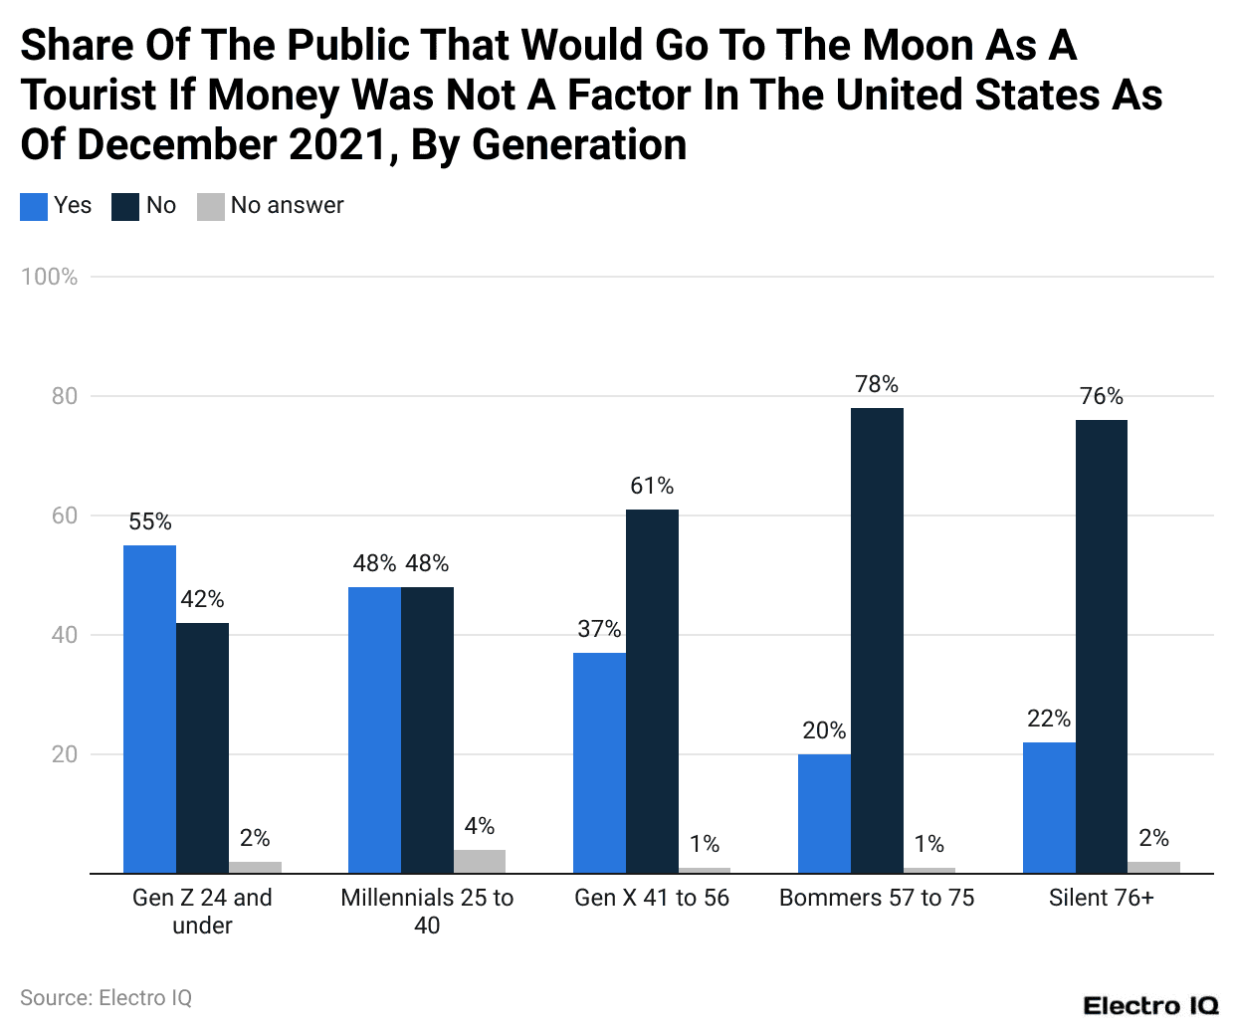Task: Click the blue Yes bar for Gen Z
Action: pyautogui.click(x=149, y=709)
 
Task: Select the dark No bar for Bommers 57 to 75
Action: pyautogui.click(x=877, y=640)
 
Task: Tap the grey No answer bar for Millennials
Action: pyautogui.click(x=480, y=861)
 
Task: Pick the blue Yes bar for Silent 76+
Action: pyautogui.click(x=1049, y=807)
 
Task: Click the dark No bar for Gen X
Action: pyautogui.click(x=652, y=691)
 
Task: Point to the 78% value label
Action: pyautogui.click(x=877, y=384)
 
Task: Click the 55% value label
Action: pyautogui.click(x=150, y=521)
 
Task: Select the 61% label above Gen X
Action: pyautogui.click(x=652, y=486)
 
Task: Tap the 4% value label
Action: pyautogui.click(x=480, y=826)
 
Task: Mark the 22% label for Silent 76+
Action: pyautogui.click(x=1049, y=719)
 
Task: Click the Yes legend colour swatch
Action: pyautogui.click(x=34, y=206)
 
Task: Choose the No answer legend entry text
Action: pyautogui.click(x=287, y=205)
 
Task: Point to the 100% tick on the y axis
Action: pyautogui.click(x=49, y=277)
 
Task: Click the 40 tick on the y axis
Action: pyautogui.click(x=64, y=635)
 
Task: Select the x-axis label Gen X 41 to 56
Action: pyautogui.click(x=652, y=898)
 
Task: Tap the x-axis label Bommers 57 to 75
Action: pyautogui.click(x=877, y=898)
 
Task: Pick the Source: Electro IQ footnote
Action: pyautogui.click(x=105, y=997)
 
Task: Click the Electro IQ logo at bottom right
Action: pyautogui.click(x=1150, y=1005)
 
